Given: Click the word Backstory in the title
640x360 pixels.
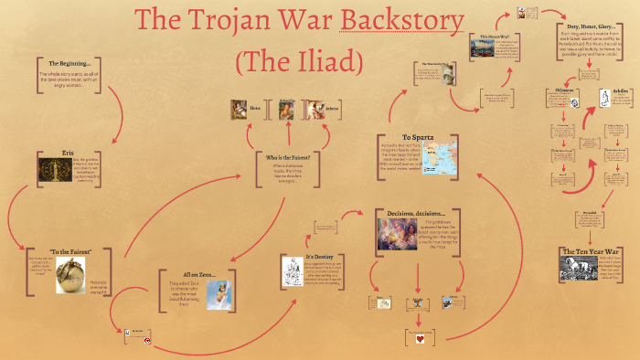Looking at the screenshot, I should tap(401, 24).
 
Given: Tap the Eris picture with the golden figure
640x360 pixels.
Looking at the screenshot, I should tap(54, 170).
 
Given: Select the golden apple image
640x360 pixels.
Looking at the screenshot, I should tap(70, 273).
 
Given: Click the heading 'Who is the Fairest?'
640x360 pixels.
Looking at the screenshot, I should tap(288, 158).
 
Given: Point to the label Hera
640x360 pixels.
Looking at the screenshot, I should tap(256, 108).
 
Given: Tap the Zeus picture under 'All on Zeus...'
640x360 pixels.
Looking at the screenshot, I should tap(217, 294).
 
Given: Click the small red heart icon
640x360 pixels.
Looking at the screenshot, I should tap(416, 339).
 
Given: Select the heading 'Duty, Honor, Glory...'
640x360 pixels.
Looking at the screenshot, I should tap(589, 28).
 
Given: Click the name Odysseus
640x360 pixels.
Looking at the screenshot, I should tap(563, 90).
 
